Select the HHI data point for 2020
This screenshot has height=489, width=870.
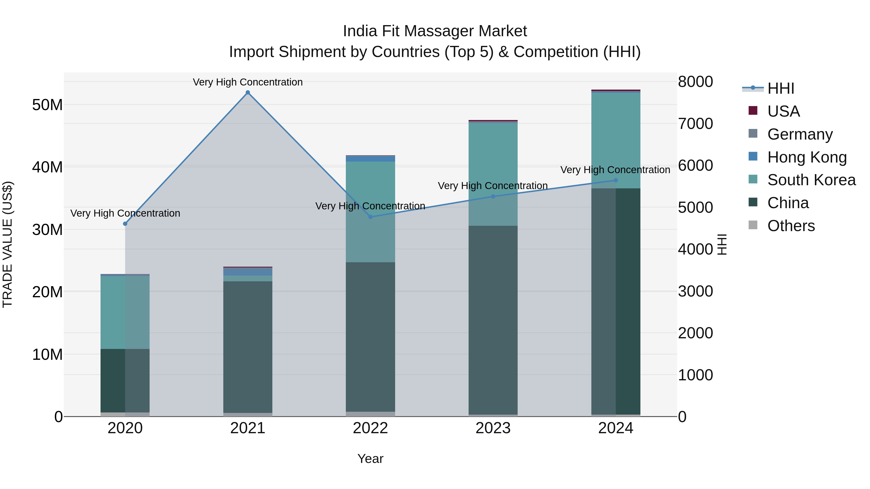125,224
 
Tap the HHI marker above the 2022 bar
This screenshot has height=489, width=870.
370,217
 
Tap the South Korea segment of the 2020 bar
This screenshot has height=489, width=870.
125,312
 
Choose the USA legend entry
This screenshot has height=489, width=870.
783,111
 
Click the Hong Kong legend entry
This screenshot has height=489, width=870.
806,157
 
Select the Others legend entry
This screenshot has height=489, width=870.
791,226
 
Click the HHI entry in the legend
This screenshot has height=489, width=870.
781,88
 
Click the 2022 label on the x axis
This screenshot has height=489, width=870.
370,428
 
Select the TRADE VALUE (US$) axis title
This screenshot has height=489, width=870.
8,244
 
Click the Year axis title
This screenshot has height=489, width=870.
370,459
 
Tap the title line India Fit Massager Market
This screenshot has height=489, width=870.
435,31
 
